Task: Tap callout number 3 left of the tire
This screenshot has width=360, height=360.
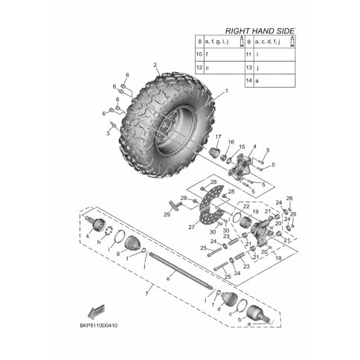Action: tap(107, 134)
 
